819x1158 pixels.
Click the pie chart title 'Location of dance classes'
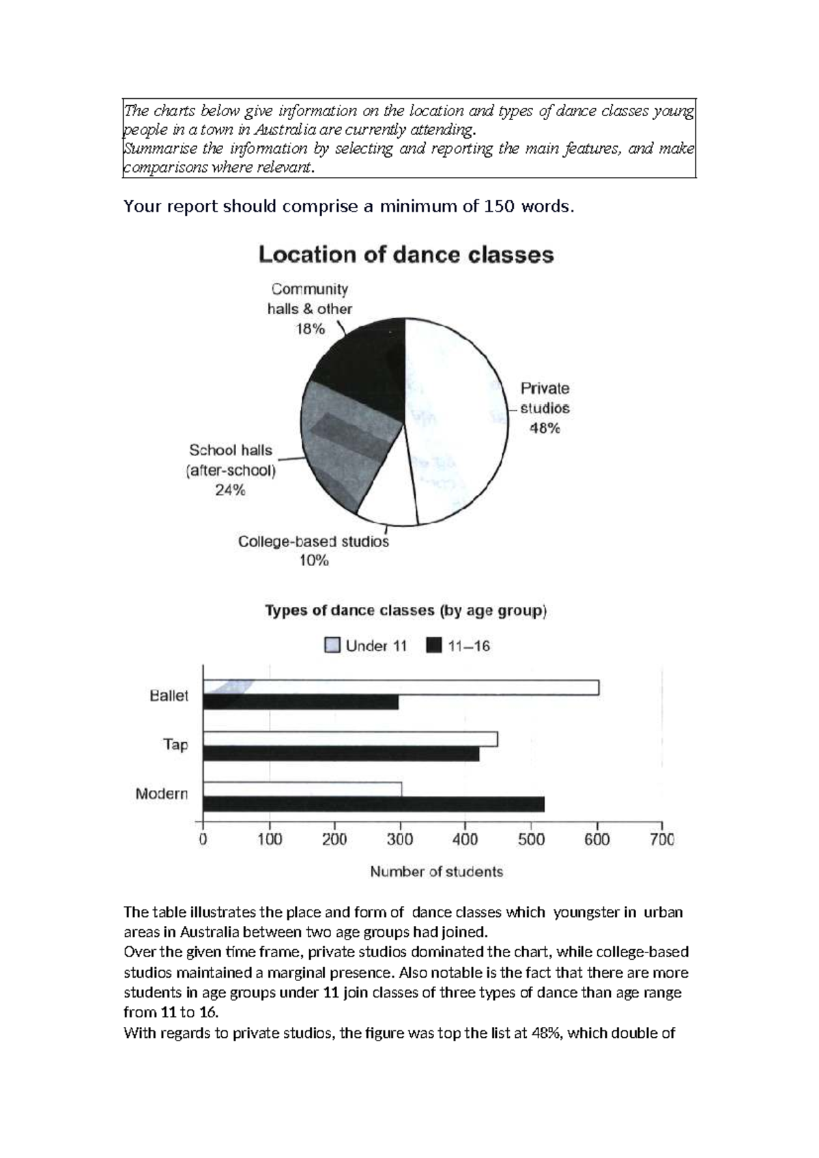point(405,255)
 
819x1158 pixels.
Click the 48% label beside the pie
point(545,429)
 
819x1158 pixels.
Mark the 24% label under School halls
point(230,490)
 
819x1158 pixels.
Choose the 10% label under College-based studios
point(313,561)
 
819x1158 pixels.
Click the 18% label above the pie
point(310,329)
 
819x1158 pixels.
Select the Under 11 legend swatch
point(332,646)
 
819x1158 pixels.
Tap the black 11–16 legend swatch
point(433,646)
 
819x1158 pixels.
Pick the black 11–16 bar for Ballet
point(300,703)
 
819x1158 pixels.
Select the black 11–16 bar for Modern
point(373,804)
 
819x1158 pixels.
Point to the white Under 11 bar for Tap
point(350,739)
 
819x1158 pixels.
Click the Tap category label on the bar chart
point(175,744)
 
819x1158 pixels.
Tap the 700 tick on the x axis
point(662,839)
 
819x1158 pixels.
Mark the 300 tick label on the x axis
point(400,839)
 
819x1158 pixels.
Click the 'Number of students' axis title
point(436,872)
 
